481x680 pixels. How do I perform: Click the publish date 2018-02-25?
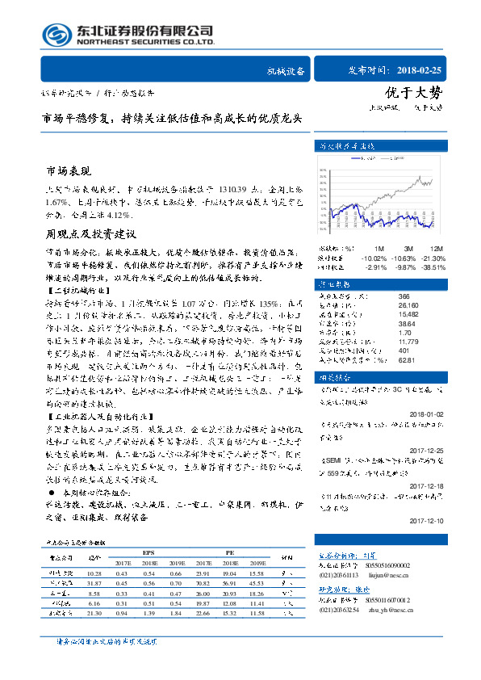point(420,70)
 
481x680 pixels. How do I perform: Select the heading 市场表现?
point(69,172)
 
